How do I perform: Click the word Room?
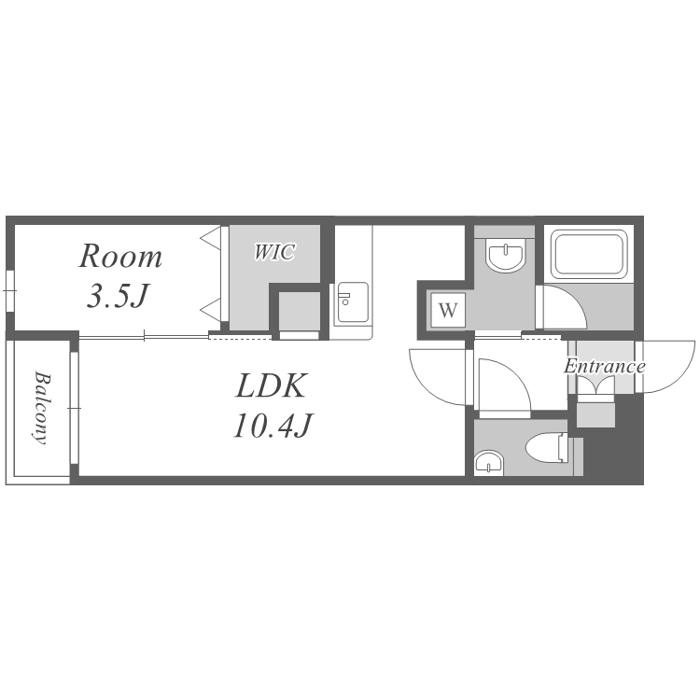pos(120,256)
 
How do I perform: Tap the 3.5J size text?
pos(118,296)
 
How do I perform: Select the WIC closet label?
pos(274,252)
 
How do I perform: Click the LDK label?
pos(272,385)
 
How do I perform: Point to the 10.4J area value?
pos(273,425)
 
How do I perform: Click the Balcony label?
pos(42,408)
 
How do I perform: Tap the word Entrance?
pos(605,367)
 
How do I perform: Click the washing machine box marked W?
pos(448,310)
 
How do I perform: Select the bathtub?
pos(589,254)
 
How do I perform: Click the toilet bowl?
pos(547,447)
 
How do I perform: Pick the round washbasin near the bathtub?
pos(506,257)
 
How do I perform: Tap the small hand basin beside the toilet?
pos(488,462)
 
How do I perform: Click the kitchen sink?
pos(353,302)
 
